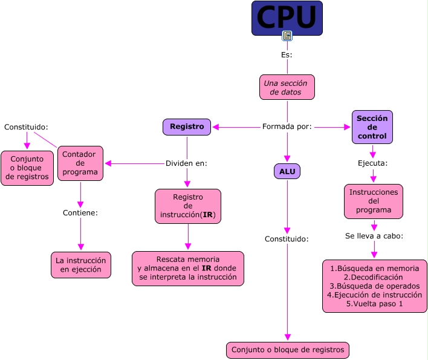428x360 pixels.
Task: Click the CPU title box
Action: [287, 18]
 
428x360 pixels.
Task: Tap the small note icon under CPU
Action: [287, 36]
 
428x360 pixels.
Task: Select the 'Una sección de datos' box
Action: [287, 87]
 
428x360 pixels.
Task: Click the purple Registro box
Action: [187, 127]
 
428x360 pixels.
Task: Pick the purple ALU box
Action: [287, 171]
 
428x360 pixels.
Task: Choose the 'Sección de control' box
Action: [372, 127]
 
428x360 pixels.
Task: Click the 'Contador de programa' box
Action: [80, 163]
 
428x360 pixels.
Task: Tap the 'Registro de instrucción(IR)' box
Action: [187, 206]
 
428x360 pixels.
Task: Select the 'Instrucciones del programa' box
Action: [373, 201]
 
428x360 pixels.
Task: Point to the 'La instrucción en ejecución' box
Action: [81, 265]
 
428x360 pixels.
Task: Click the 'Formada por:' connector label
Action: [287, 127]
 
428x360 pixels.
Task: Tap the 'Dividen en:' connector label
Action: [186, 163]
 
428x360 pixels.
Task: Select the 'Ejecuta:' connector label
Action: [372, 163]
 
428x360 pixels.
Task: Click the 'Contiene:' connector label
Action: [80, 213]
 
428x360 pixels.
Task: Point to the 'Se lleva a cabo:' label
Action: [374, 235]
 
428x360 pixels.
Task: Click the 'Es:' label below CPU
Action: [287, 55]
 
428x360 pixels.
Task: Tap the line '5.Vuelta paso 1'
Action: [374, 304]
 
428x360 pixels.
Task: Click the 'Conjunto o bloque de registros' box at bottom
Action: [287, 350]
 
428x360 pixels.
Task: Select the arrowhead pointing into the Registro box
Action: [216, 127]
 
